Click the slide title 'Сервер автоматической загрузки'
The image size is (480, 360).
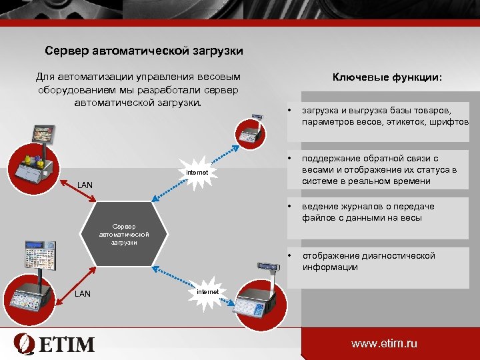click(144, 51)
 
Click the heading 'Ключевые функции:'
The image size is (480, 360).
click(387, 77)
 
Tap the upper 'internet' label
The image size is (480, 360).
click(197, 173)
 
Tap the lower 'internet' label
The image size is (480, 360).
click(208, 292)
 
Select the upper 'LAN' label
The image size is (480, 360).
click(85, 184)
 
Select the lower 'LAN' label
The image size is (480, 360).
click(83, 293)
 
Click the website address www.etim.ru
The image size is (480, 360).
click(384, 344)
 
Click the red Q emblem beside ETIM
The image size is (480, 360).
click(23, 343)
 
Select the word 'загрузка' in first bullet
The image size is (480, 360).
click(321, 110)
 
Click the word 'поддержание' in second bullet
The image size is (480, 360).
click(331, 159)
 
